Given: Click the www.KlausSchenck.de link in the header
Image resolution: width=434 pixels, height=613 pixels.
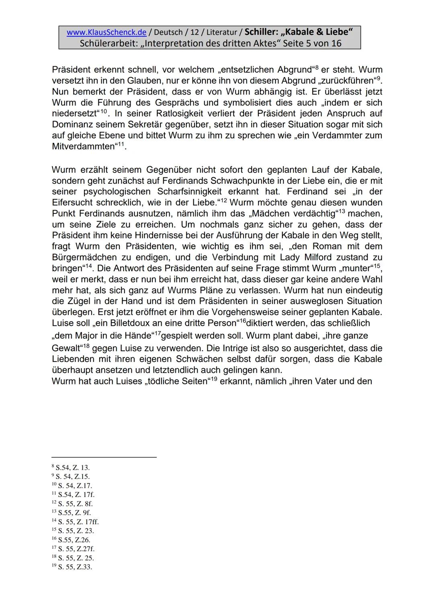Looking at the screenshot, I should (x=106, y=32).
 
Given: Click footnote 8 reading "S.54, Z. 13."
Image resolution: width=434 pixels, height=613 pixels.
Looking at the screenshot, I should (x=72, y=468).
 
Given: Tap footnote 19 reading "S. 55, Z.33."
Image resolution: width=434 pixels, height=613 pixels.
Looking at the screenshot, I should (x=75, y=567).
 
